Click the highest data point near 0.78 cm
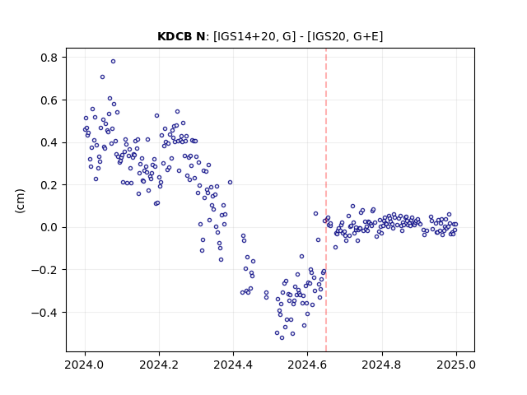click(114, 62)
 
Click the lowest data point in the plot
click(282, 338)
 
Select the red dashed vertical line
click(326, 200)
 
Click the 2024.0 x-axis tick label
click(85, 365)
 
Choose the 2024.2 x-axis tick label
click(159, 365)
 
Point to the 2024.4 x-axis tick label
click(233, 365)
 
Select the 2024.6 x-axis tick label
click(307, 365)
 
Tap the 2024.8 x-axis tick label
click(381, 365)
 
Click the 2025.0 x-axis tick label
click(456, 365)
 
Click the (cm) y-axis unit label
click(20, 201)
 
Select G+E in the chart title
click(361, 36)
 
